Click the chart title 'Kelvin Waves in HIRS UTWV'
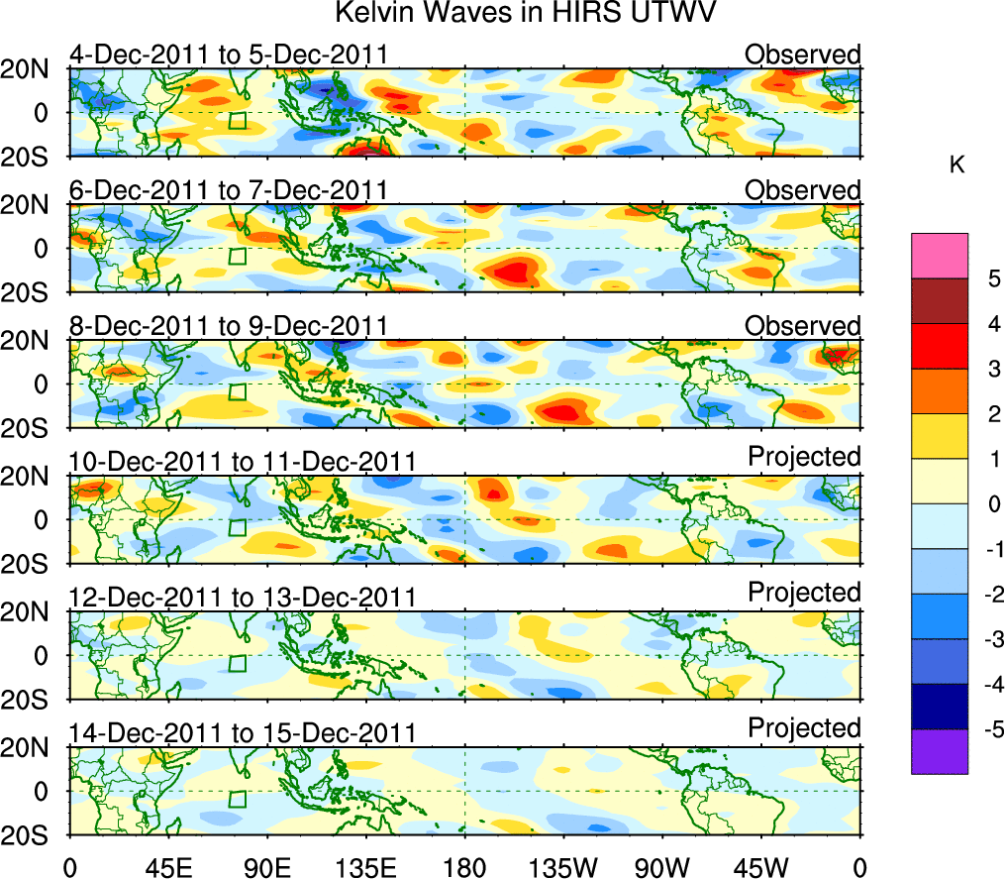coord(525,14)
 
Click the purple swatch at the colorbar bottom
coord(939,751)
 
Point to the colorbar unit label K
coord(956,165)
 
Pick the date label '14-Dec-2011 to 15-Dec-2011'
coord(242,733)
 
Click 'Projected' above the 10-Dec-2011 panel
coord(804,457)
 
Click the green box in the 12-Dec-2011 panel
coord(237,663)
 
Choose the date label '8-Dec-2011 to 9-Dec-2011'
coord(227,326)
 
